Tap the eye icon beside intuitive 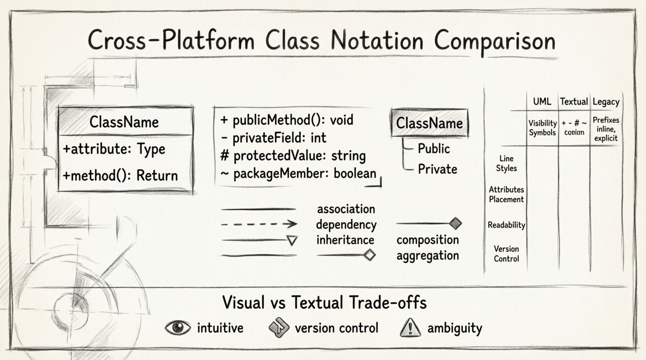tap(178, 328)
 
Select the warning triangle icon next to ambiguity tap(410, 328)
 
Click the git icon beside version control tap(279, 328)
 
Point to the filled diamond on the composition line tap(455, 223)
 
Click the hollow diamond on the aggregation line tap(370, 255)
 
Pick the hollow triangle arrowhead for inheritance tap(292, 241)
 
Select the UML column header tap(542, 102)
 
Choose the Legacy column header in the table tap(606, 102)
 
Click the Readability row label tap(506, 225)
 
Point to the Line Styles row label tap(506, 163)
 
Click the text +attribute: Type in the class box tap(114, 149)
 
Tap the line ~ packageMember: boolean tap(298, 173)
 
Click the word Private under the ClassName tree tap(437, 169)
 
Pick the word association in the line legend tap(346, 209)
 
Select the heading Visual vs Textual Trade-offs tap(324, 303)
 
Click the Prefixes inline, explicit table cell tap(606, 129)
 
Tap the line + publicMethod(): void tap(287, 120)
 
